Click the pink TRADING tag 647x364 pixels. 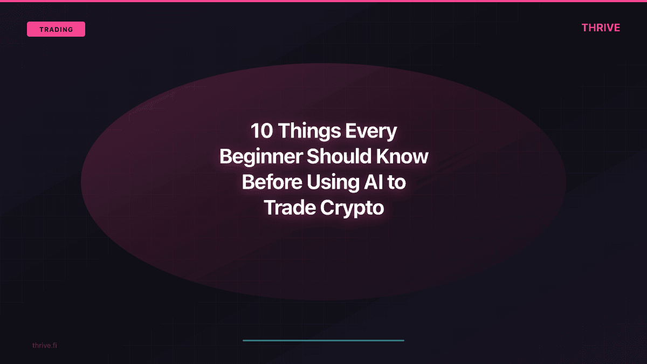click(56, 29)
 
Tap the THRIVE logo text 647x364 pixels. click(601, 28)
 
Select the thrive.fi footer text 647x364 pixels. click(44, 345)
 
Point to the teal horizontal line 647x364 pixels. click(323, 340)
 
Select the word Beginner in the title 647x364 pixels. click(260, 157)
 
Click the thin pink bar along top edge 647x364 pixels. click(323, 1)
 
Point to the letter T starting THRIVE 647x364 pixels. click(585, 28)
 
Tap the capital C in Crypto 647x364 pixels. click(328, 208)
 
